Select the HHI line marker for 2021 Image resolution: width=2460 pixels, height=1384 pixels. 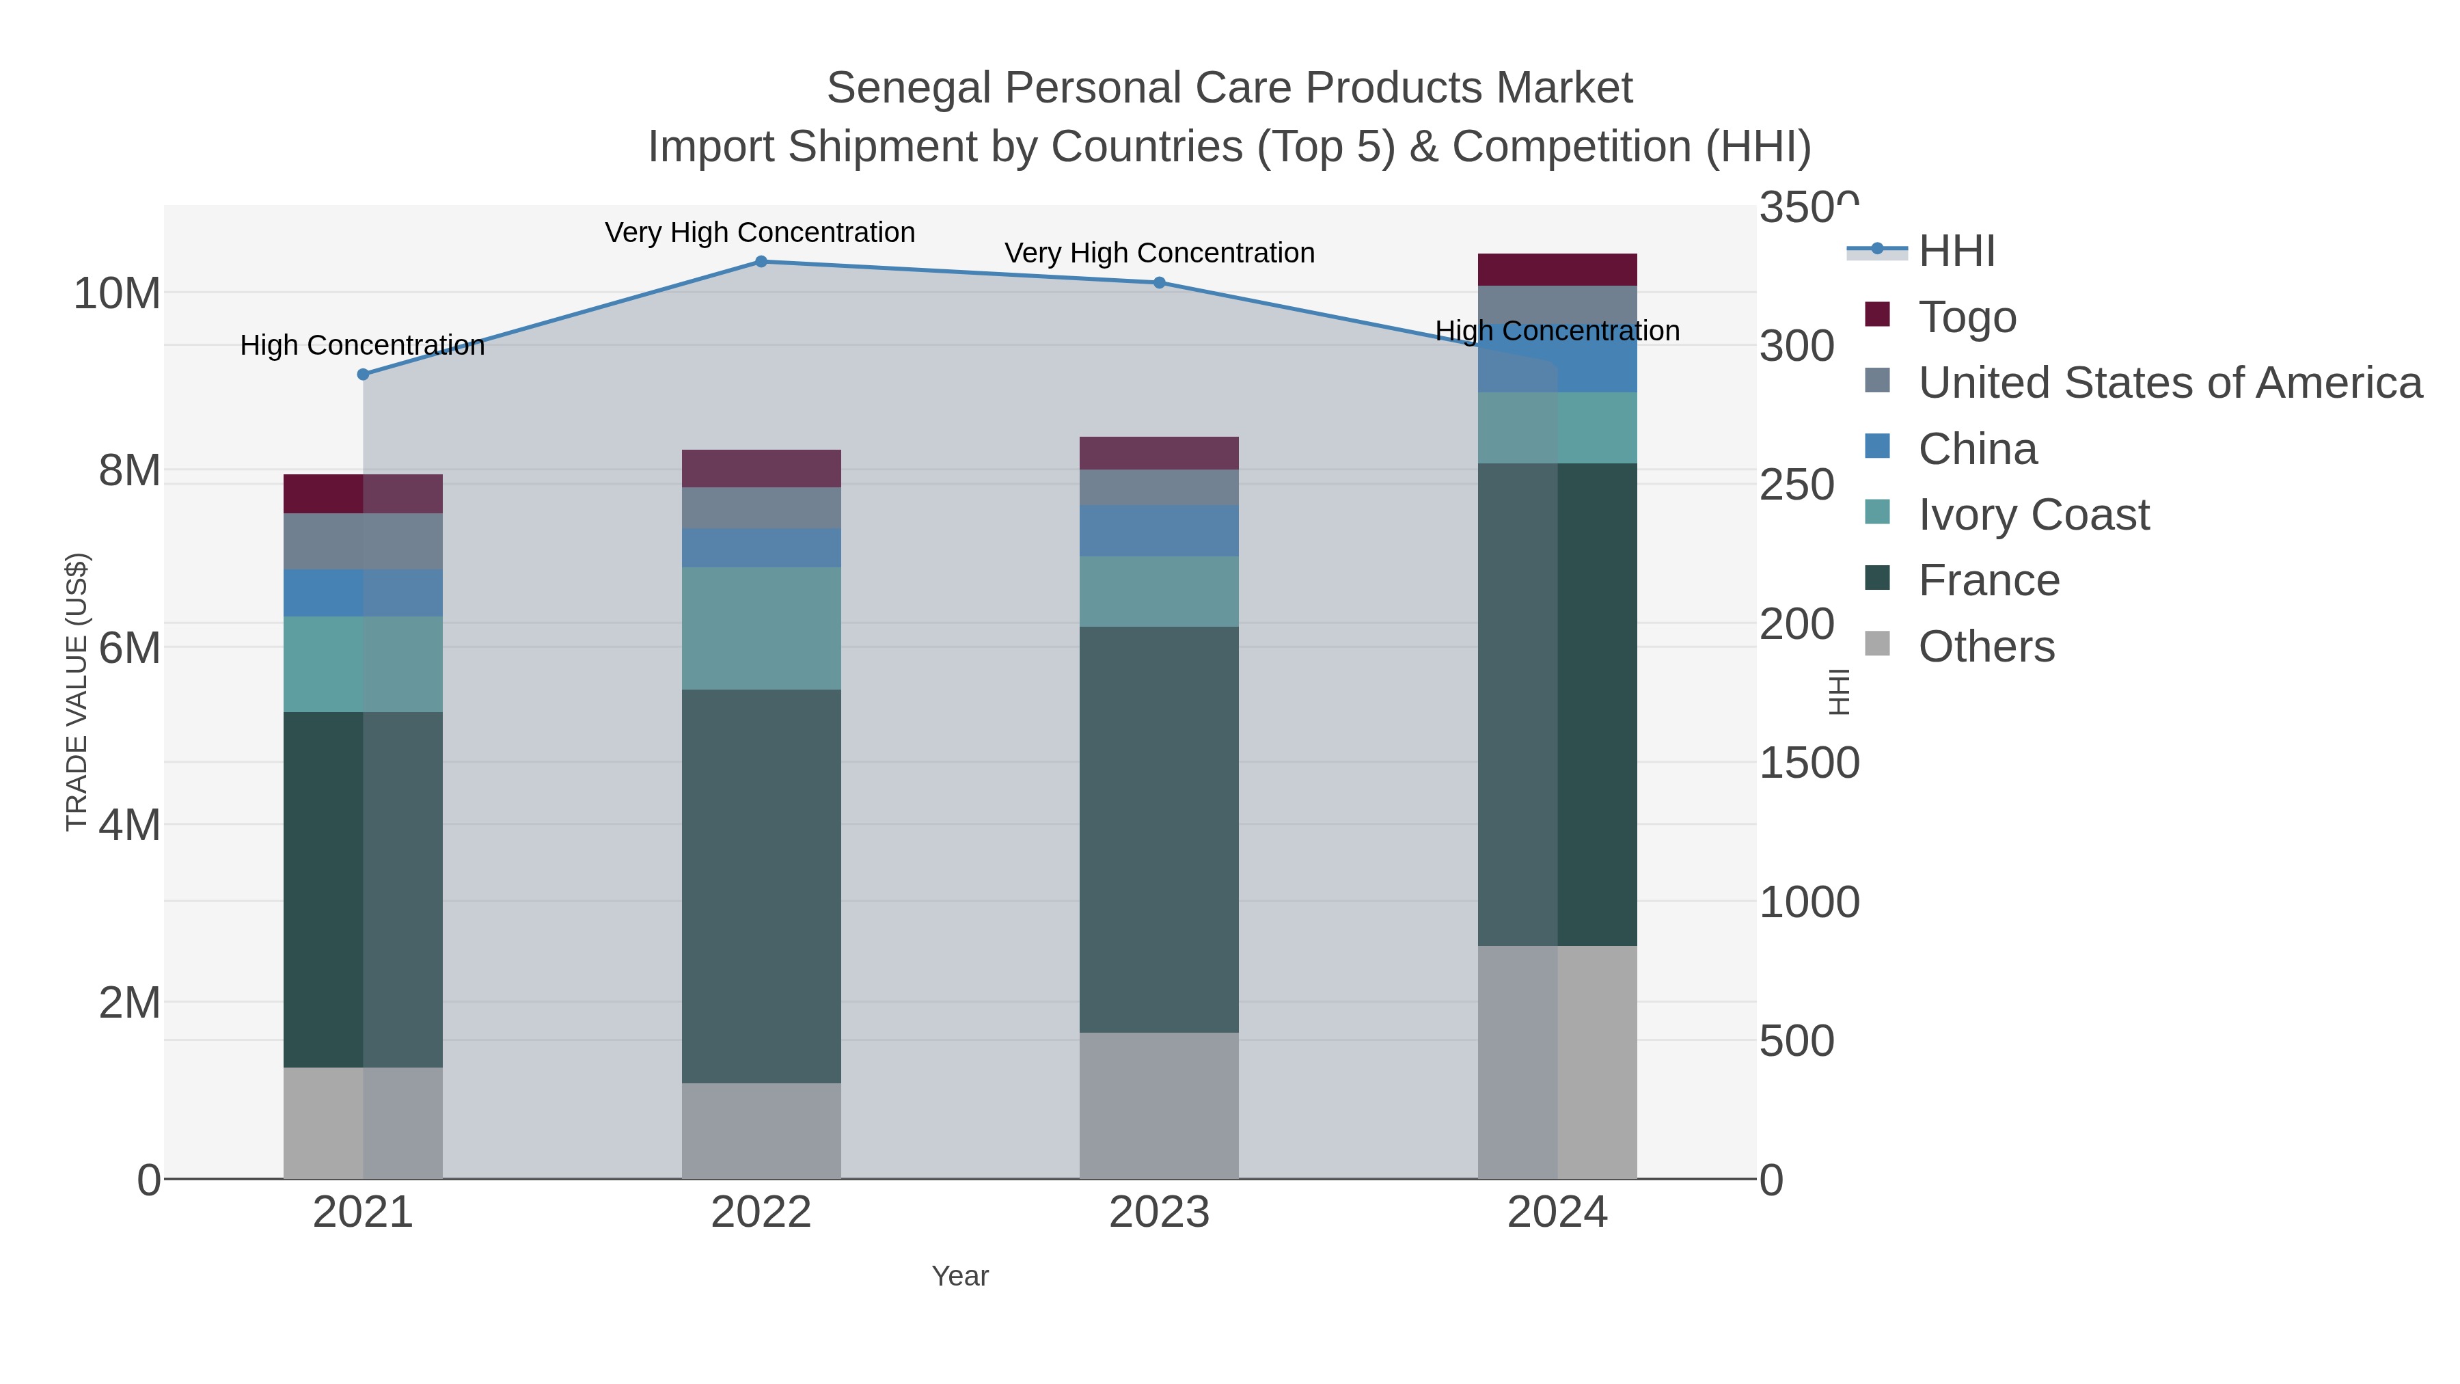click(363, 375)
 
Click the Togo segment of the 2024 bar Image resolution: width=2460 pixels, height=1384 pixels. click(1557, 269)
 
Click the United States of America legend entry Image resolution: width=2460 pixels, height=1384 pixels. click(2168, 382)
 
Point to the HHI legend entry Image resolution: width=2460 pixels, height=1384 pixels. click(1955, 252)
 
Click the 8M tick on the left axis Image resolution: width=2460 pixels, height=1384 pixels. click(129, 471)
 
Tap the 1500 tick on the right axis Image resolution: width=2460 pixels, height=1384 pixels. click(1809, 763)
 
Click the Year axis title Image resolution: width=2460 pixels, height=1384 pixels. click(960, 1276)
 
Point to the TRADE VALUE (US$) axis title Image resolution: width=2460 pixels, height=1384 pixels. click(77, 692)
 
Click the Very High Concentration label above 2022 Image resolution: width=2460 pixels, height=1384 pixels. click(760, 233)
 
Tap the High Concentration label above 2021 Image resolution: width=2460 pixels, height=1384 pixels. click(362, 346)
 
